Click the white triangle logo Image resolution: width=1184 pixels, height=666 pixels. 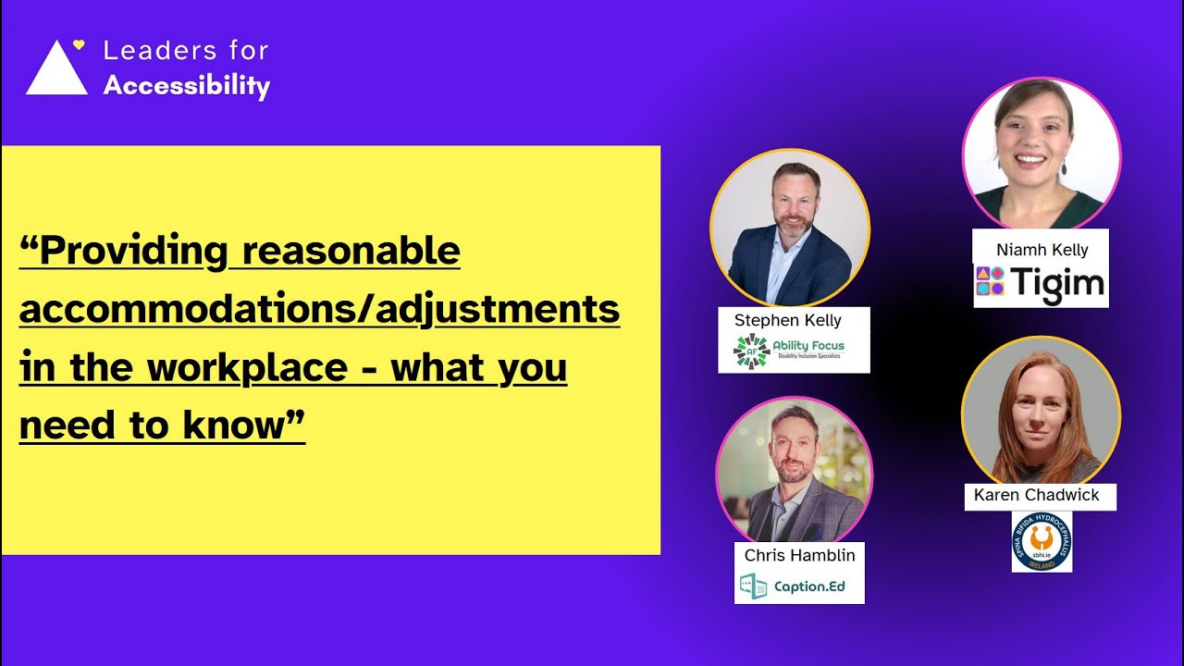[56, 72]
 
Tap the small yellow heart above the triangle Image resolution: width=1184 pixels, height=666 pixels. [79, 43]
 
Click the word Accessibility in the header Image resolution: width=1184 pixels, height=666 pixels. [186, 85]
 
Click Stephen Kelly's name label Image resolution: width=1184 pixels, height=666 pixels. [787, 320]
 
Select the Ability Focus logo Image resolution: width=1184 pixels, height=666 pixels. [788, 351]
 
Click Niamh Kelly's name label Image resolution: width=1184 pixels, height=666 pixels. [1042, 250]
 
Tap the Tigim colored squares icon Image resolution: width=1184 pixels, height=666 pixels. [990, 280]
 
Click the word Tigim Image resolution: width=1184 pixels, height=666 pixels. [1057, 282]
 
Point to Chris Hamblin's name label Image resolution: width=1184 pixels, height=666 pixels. [799, 555]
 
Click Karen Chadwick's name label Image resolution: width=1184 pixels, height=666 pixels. [1036, 495]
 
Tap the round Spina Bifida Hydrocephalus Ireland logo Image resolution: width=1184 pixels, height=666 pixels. [1042, 542]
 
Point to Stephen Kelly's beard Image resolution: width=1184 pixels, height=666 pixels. [791, 223]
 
